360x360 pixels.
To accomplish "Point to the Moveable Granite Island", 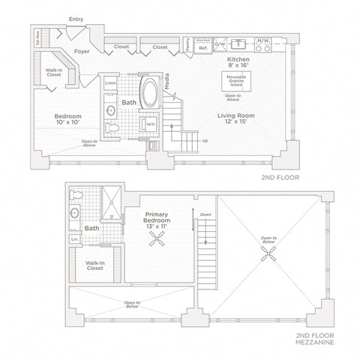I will pyautogui.click(x=235, y=80).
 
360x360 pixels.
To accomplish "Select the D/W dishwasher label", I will pyautogui.click(x=220, y=45).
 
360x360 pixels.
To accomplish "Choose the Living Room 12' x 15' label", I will pyautogui.click(x=235, y=119).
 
